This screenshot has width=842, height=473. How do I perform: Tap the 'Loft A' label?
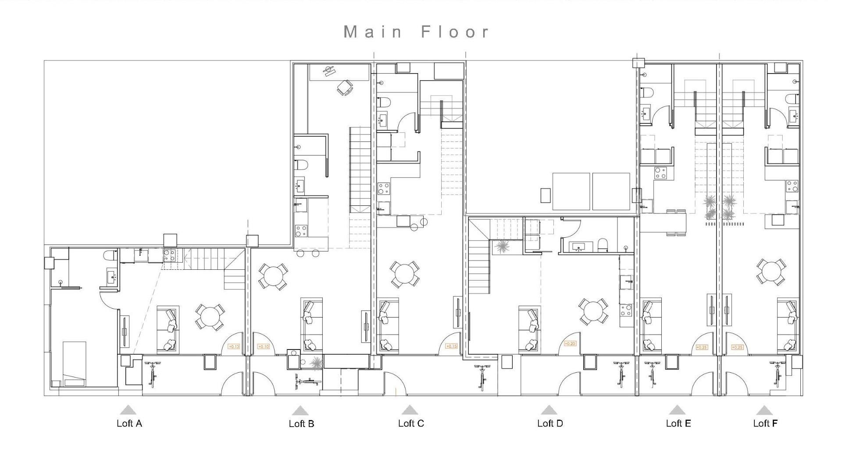pyautogui.click(x=129, y=424)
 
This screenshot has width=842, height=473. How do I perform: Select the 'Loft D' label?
pyautogui.click(x=550, y=424)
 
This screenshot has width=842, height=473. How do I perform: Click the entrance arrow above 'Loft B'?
pyautogui.click(x=300, y=411)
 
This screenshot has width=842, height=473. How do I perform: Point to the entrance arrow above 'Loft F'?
pyautogui.click(x=764, y=411)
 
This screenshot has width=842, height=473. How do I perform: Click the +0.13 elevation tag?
pyautogui.click(x=234, y=347)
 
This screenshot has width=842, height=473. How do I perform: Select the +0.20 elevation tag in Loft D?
pyautogui.click(x=570, y=344)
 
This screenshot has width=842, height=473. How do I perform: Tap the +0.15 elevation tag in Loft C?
pyautogui.click(x=451, y=346)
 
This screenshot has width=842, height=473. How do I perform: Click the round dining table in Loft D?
pyautogui.click(x=593, y=311)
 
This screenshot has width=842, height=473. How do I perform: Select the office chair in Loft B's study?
pyautogui.click(x=345, y=88)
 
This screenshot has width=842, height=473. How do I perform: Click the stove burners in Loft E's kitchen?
pyautogui.click(x=660, y=173)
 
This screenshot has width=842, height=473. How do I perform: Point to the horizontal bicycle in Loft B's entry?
pyautogui.click(x=308, y=382)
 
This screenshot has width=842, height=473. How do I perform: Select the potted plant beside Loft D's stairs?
pyautogui.click(x=501, y=247)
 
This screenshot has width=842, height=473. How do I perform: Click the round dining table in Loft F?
pyautogui.click(x=771, y=272)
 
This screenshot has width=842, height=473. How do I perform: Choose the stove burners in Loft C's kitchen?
pyautogui.click(x=384, y=189)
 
